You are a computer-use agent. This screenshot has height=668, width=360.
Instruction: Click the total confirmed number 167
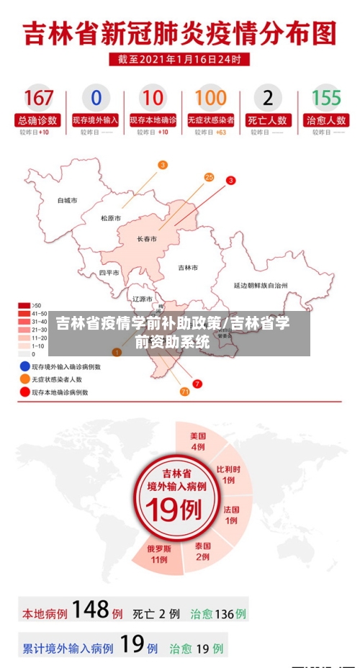(x=39, y=98)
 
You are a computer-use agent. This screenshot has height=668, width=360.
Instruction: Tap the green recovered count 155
(x=326, y=98)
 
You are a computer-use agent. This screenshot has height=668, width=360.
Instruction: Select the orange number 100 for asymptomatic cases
(x=210, y=98)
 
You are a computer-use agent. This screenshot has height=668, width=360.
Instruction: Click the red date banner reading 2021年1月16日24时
(x=179, y=59)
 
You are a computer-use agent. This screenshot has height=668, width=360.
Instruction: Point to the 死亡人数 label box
(x=268, y=120)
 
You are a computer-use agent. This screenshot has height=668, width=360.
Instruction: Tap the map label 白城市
(x=68, y=201)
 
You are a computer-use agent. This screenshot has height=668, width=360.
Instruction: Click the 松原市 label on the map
(x=111, y=218)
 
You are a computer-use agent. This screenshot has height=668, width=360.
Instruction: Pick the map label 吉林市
(x=188, y=267)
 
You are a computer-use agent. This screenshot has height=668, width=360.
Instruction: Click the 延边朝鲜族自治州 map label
(x=261, y=286)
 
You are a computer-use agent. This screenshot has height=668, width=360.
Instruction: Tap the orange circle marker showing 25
(x=209, y=176)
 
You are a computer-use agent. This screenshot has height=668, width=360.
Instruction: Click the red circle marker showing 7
(x=197, y=384)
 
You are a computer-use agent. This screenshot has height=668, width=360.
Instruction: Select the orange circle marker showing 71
(x=184, y=392)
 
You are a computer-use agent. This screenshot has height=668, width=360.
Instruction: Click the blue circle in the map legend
(x=24, y=366)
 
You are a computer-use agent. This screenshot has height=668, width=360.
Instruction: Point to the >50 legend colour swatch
(x=24, y=305)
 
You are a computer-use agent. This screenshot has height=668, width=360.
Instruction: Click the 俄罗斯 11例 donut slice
(x=159, y=554)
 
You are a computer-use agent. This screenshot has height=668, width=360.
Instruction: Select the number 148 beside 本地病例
(x=90, y=610)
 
